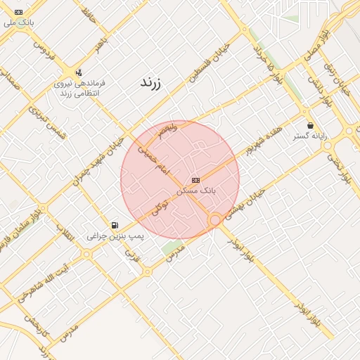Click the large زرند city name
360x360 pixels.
click(150, 82)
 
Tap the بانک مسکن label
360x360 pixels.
click(200, 191)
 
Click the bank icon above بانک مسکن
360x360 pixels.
click(195, 180)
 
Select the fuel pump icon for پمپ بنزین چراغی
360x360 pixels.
click(115, 226)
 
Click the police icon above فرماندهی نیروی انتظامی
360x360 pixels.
click(78, 72)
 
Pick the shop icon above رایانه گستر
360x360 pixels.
click(310, 125)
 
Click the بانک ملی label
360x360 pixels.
click(18, 22)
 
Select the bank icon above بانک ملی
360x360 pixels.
click(18, 12)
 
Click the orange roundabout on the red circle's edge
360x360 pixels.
click(215, 221)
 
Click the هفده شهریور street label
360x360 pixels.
click(264, 141)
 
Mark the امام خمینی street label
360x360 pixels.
click(153, 159)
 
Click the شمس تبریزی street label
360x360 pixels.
click(46, 122)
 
